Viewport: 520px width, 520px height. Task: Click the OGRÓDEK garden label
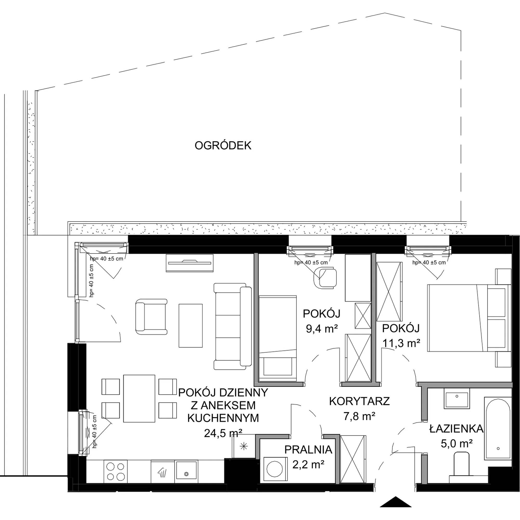[223, 146]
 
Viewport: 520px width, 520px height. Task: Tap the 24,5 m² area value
[223, 433]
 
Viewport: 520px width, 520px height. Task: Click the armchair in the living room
[152, 316]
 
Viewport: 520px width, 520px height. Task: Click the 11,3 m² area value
[401, 343]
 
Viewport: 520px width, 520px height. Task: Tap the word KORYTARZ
[360, 401]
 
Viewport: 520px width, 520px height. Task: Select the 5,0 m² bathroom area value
[457, 443]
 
